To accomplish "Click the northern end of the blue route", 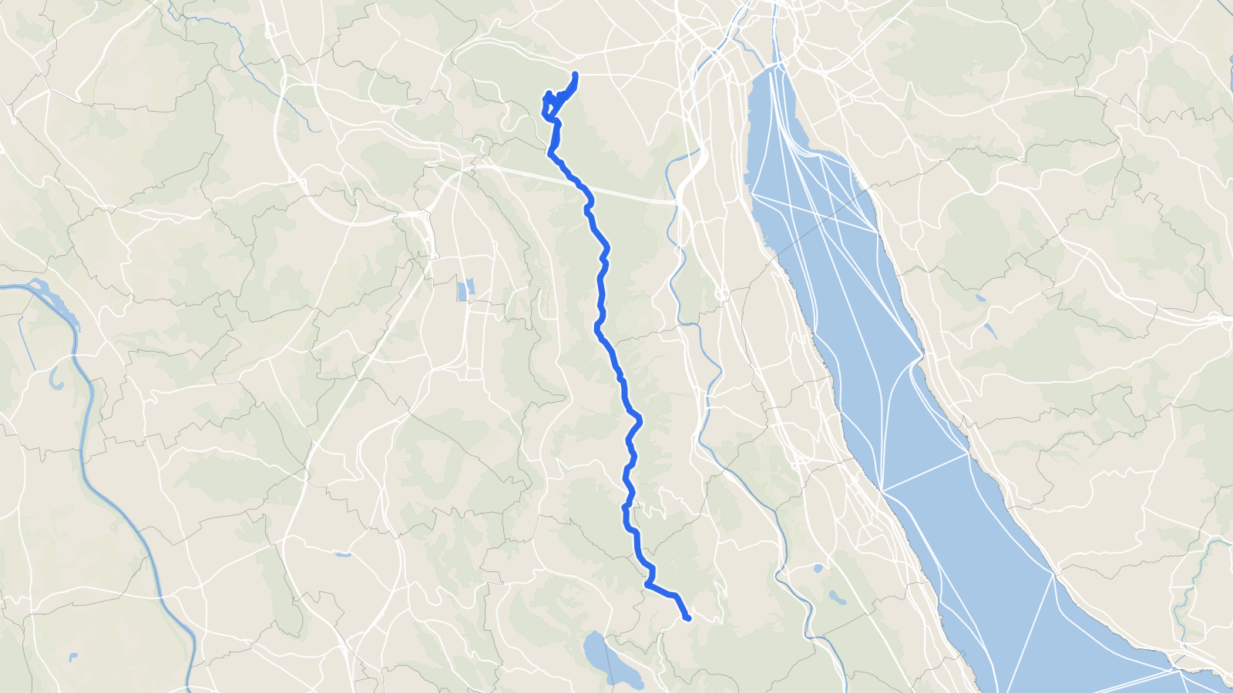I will coord(576,74).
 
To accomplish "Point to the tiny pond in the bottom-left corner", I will coord(73,657).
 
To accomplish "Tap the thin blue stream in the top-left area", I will coord(254,69).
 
